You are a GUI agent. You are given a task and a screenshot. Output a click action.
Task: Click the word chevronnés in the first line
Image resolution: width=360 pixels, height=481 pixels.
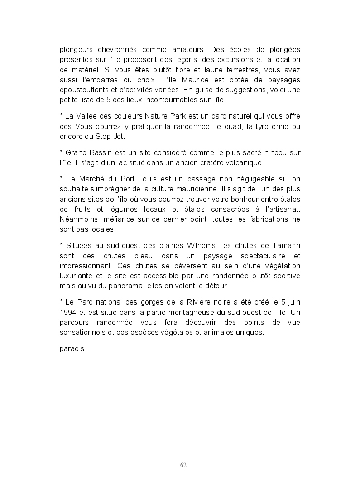pyautogui.click(x=110, y=49)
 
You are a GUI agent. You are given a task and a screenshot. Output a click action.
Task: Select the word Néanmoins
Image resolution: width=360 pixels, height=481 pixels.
pyautogui.click(x=78, y=219)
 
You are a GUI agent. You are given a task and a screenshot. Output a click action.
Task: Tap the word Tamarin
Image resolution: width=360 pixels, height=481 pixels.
pyautogui.click(x=284, y=245)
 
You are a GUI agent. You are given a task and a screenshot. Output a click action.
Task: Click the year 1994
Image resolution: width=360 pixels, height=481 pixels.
pyautogui.click(x=68, y=312)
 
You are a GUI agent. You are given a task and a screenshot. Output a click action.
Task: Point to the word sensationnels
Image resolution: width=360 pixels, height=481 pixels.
pyautogui.click(x=83, y=332)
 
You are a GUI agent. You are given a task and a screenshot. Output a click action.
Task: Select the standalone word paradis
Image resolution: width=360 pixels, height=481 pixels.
pyautogui.click(x=72, y=349)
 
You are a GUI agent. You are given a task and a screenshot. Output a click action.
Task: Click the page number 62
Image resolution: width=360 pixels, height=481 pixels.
pyautogui.click(x=183, y=465)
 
